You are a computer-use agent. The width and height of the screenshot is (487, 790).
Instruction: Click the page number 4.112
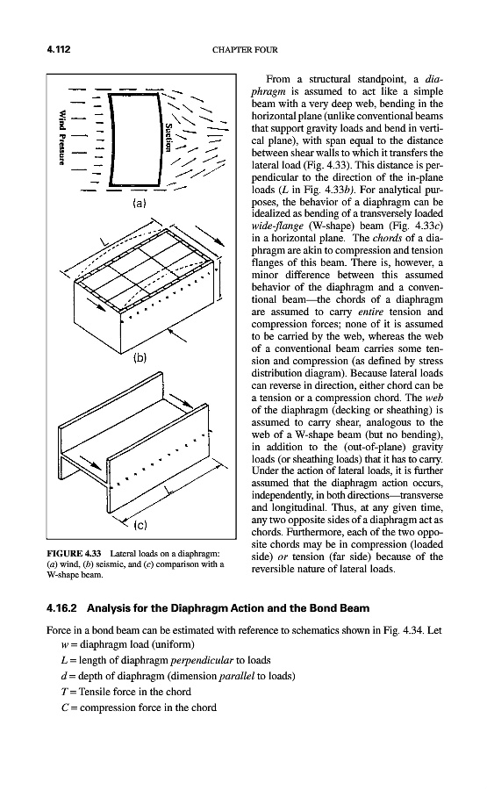pyautogui.click(x=58, y=49)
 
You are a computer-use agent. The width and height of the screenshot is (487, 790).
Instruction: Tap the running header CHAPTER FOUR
pyautogui.click(x=245, y=50)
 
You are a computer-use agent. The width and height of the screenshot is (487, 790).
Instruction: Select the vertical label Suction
pyautogui.click(x=169, y=137)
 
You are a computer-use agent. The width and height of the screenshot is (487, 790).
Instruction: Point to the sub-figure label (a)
pyautogui.click(x=139, y=204)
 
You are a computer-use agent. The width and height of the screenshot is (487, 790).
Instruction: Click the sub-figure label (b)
pyautogui.click(x=140, y=358)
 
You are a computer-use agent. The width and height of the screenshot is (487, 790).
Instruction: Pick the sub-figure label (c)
pyautogui.click(x=140, y=526)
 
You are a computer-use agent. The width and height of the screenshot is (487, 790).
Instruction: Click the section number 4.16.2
pyautogui.click(x=61, y=608)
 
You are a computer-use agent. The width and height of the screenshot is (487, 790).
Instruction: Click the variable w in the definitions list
pyautogui.click(x=64, y=645)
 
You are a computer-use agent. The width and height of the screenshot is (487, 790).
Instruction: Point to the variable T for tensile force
pyautogui.click(x=64, y=692)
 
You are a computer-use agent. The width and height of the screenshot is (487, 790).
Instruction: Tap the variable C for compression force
pyautogui.click(x=64, y=707)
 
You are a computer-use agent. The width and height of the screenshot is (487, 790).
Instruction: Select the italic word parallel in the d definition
pyautogui.click(x=237, y=676)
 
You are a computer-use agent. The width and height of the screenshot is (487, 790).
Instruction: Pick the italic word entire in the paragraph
pyautogui.click(x=370, y=312)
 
